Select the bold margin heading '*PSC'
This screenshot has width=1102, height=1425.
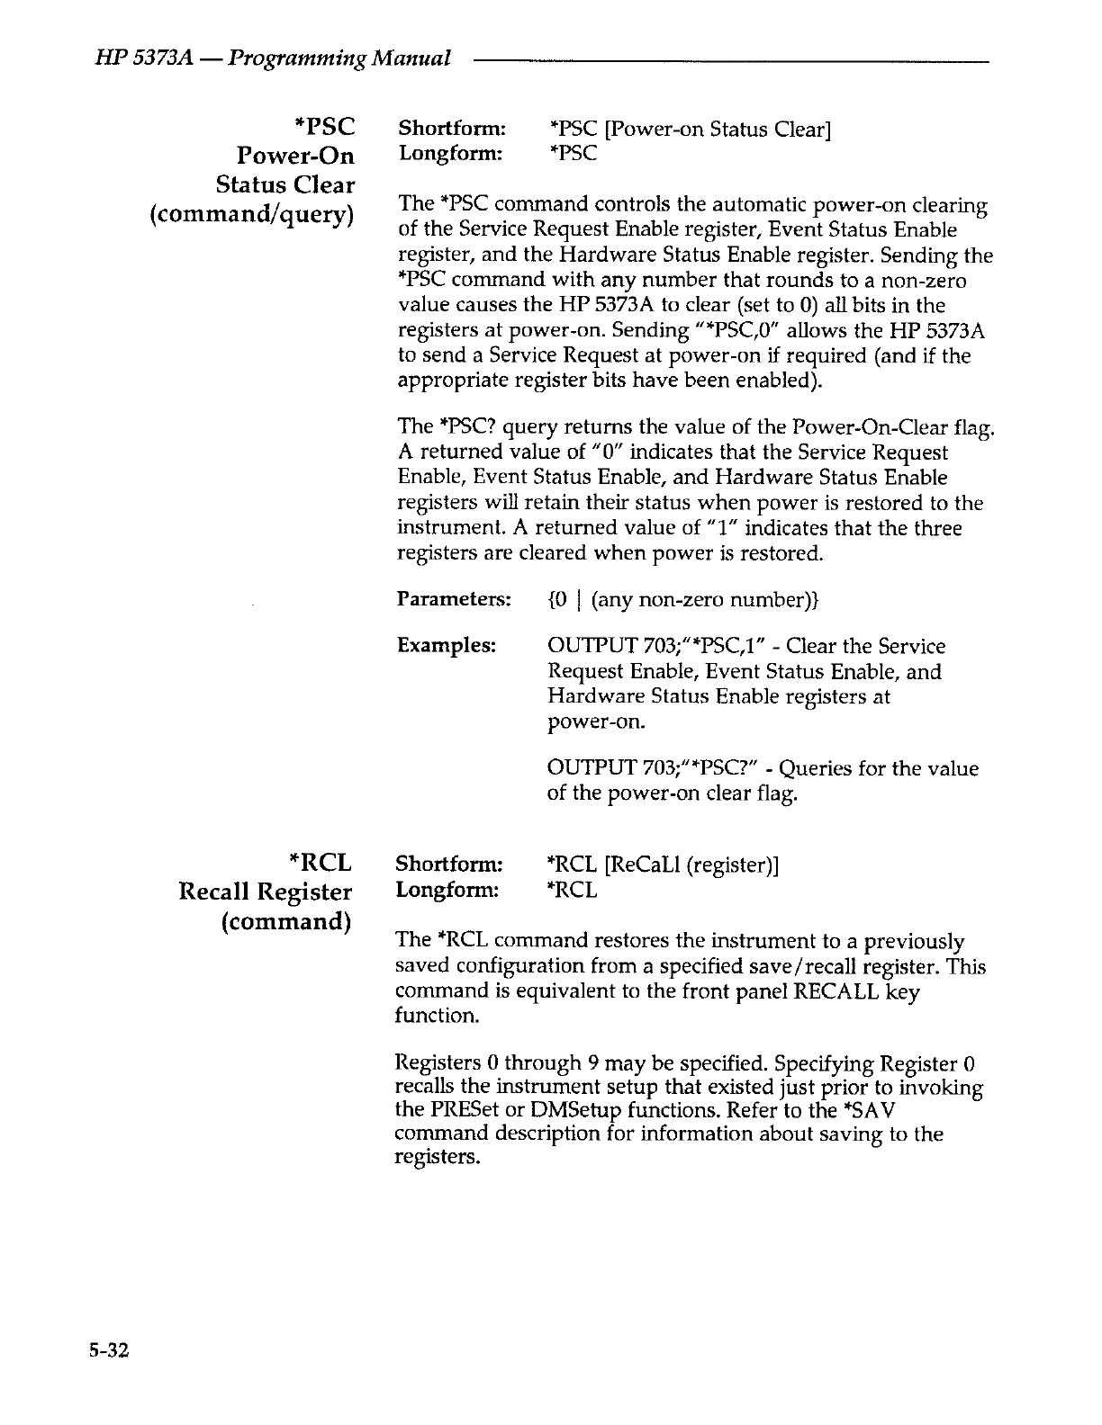coord(318,127)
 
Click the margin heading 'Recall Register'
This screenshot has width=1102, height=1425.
coord(265,892)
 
